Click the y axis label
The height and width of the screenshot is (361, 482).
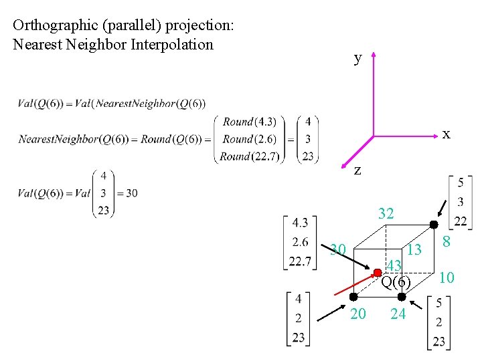(x=358, y=58)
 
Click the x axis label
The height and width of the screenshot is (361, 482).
(x=446, y=134)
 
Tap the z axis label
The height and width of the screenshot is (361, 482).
(x=357, y=170)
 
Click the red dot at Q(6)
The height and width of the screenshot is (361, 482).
(x=378, y=271)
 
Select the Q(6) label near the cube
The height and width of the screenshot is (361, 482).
(x=396, y=281)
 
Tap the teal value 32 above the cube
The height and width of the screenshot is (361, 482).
(x=386, y=214)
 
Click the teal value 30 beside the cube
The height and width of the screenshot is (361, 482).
(x=338, y=249)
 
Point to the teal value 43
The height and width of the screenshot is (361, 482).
(x=394, y=265)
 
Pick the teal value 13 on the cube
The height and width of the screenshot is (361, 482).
(x=414, y=250)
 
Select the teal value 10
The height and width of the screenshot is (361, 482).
(x=447, y=277)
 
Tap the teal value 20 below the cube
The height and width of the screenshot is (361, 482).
(x=358, y=314)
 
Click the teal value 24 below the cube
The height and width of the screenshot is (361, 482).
(x=398, y=314)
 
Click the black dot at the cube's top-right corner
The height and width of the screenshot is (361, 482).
(x=434, y=225)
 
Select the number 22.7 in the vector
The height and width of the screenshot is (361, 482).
(x=301, y=261)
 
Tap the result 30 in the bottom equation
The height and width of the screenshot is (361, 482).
(x=131, y=193)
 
